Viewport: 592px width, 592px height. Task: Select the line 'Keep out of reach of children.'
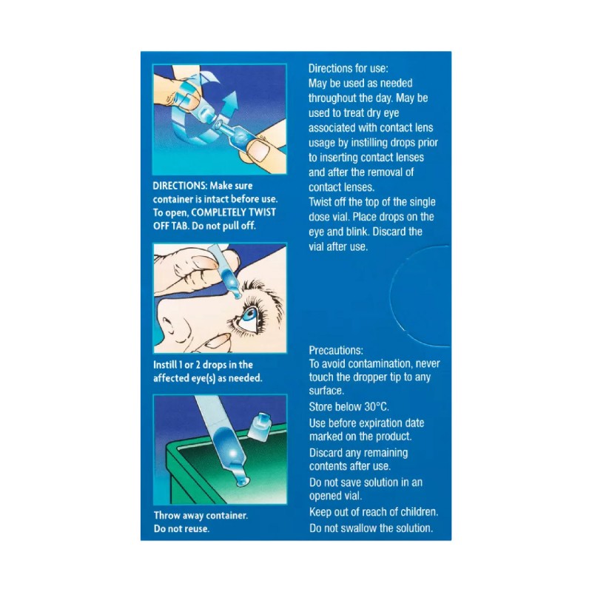(x=374, y=512)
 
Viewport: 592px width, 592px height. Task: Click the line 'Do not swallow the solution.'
(x=371, y=528)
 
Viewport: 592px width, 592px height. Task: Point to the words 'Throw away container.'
(x=201, y=516)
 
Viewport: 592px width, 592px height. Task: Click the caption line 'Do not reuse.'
(x=182, y=530)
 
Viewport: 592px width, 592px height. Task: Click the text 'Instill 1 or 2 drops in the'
(x=203, y=364)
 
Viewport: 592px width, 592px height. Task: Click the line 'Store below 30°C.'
(x=349, y=407)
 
